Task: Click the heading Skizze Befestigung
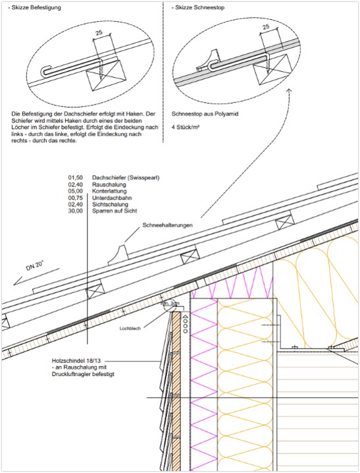point(36,7)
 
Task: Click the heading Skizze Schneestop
point(199,7)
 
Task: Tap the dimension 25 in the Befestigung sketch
point(99,32)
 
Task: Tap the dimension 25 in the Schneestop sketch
point(266,27)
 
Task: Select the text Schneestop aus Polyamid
point(205,114)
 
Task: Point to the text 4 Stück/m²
point(186,127)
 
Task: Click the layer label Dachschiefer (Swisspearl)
point(126,178)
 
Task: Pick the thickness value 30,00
point(75,211)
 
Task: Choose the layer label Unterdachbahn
point(112,198)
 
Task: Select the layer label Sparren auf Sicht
point(115,211)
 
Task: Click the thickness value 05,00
point(75,191)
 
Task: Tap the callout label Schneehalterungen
point(168,225)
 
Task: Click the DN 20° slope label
point(35,266)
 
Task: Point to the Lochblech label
point(130,329)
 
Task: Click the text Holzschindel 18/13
point(76,361)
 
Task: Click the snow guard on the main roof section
point(118,256)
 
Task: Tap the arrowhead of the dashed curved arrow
point(289,90)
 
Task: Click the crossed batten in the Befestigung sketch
point(106,75)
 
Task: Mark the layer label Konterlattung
point(109,191)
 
